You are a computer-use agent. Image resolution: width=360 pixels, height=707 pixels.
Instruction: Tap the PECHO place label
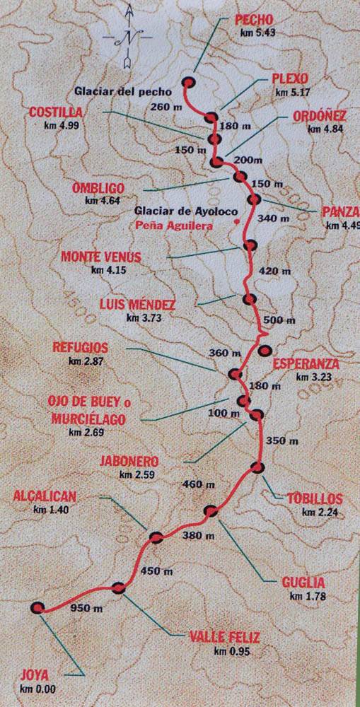click(253, 21)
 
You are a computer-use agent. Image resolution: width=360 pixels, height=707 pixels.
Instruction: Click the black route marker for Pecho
click(189, 82)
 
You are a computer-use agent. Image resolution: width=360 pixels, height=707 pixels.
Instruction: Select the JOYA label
click(36, 674)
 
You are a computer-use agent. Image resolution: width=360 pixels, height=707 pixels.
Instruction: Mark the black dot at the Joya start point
click(37, 607)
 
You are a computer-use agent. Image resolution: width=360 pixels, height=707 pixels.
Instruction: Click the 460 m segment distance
click(199, 484)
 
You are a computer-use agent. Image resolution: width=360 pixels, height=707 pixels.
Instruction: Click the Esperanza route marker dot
click(265, 350)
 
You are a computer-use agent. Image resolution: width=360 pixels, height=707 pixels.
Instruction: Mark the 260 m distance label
click(165, 107)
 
